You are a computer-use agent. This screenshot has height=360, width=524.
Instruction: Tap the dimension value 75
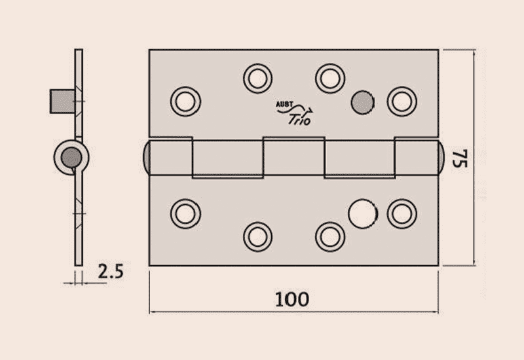click(460, 159)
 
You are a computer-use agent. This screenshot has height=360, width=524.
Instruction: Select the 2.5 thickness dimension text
click(111, 272)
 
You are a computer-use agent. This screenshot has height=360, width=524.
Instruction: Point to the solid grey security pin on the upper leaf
click(362, 101)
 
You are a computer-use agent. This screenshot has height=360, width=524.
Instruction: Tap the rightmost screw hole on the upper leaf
click(402, 101)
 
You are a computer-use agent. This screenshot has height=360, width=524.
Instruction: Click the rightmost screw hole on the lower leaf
click(402, 213)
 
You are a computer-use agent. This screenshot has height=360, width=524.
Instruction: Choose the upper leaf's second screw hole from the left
click(257, 78)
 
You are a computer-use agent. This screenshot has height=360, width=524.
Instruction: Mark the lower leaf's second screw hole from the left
click(257, 236)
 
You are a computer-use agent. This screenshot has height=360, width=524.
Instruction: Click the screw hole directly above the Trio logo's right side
click(329, 78)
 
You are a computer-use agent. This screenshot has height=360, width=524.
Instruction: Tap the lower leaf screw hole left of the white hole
click(329, 236)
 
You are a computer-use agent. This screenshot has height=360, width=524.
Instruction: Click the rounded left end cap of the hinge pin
click(146, 157)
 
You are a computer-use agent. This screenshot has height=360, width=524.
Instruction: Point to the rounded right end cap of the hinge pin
click(442, 157)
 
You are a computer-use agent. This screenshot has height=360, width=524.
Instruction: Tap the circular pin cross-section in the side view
click(71, 157)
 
